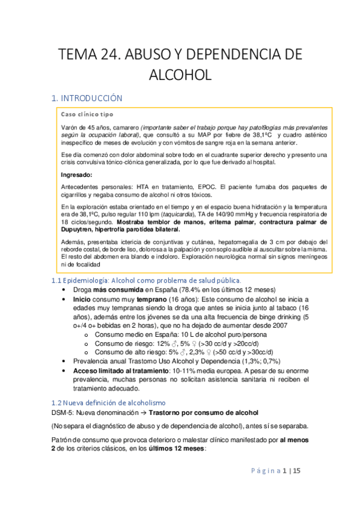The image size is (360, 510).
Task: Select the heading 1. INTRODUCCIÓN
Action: tap(87, 97)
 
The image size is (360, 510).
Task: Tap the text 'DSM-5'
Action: tap(63, 413)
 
